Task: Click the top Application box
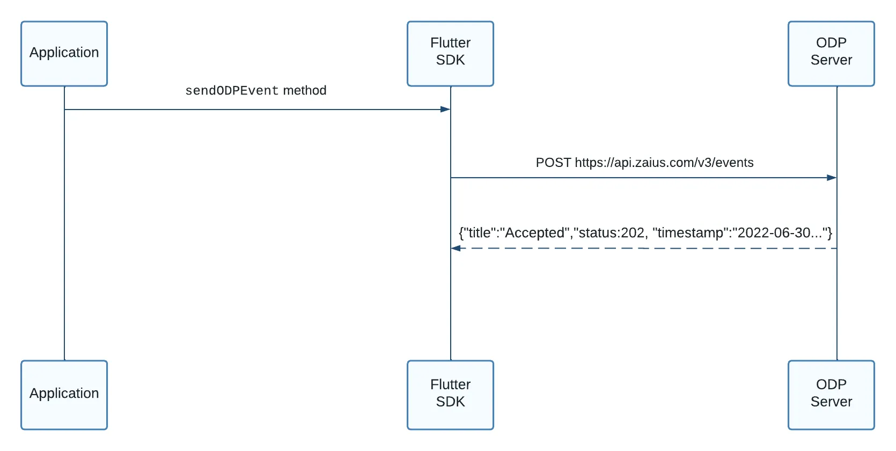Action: (x=64, y=54)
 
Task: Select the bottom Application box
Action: (x=64, y=395)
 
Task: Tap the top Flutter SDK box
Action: (x=450, y=54)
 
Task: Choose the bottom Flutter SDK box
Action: (x=450, y=395)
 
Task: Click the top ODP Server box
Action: (x=831, y=54)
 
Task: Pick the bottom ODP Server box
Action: (x=831, y=395)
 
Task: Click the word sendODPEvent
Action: (x=232, y=91)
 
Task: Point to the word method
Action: (x=305, y=90)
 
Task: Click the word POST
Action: (x=553, y=163)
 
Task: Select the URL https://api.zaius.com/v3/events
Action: (x=664, y=163)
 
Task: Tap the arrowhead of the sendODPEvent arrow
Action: (x=446, y=109)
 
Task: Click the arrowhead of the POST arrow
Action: (x=832, y=178)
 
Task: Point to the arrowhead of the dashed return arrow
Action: (x=456, y=249)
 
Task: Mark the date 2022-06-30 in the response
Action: (x=774, y=232)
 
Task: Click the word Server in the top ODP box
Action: (x=831, y=60)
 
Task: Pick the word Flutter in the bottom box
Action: (x=450, y=384)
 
